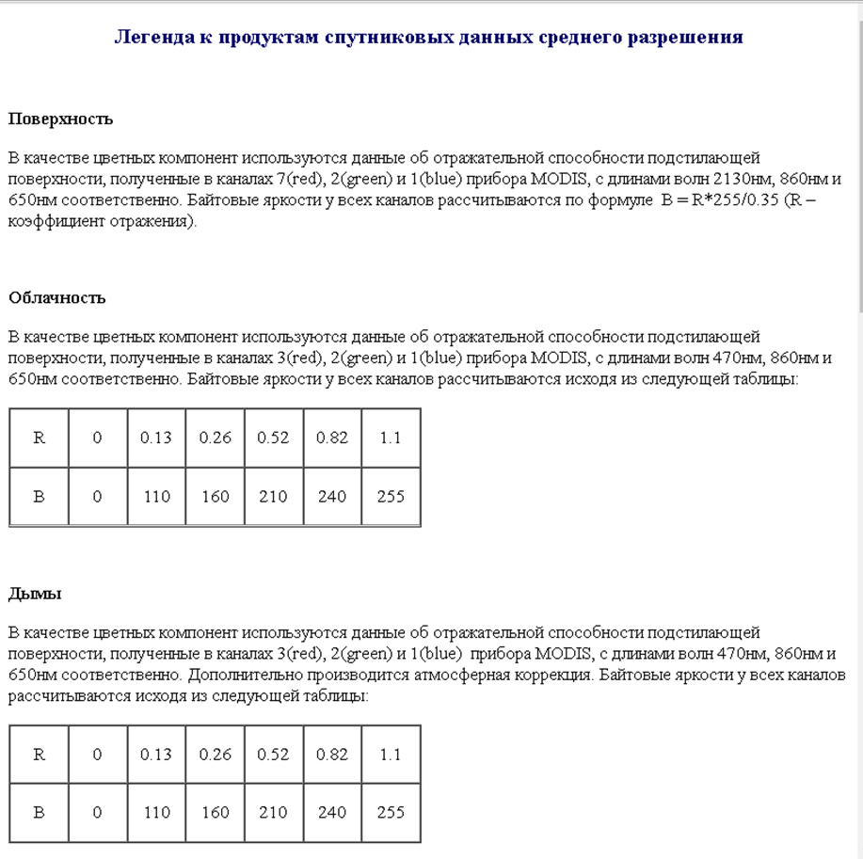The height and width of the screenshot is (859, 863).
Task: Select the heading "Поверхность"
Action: pos(60,119)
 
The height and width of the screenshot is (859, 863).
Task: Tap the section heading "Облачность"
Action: pos(57,298)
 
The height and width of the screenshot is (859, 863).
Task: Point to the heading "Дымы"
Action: pos(35,594)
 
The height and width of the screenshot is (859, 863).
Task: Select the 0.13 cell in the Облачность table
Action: pos(156,437)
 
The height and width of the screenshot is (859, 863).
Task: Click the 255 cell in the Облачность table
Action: pos(391,496)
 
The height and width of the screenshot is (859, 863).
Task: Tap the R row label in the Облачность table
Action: pos(39,437)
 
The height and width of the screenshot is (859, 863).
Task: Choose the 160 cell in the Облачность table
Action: pos(215,496)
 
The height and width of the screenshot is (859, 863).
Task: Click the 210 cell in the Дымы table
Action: pos(273,812)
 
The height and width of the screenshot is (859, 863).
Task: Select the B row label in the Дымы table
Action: pos(39,812)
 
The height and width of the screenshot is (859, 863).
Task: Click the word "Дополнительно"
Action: pos(240,676)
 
